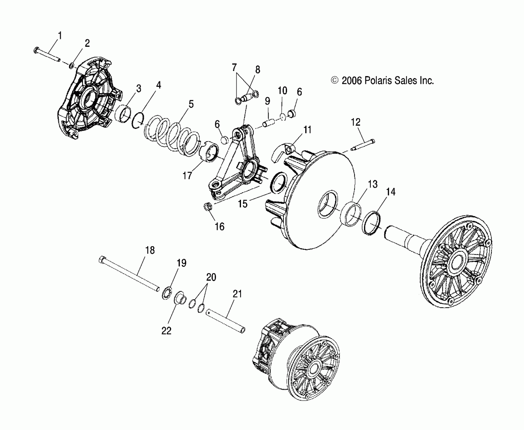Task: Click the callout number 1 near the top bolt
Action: point(60,36)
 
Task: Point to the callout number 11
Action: point(307,130)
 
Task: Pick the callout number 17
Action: point(187,175)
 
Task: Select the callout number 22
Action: point(166,330)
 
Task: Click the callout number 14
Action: point(391,192)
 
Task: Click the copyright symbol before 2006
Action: point(335,80)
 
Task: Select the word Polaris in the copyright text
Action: point(378,80)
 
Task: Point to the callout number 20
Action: point(211,277)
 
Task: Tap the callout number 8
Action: point(257,70)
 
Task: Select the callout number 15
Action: point(243,203)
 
